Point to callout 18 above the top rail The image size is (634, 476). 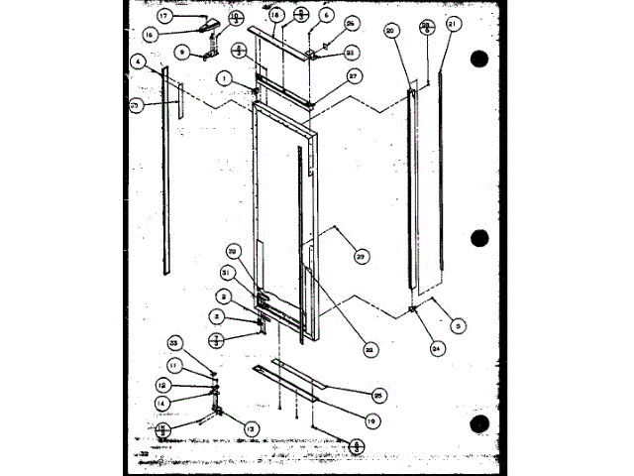pyautogui.click(x=274, y=16)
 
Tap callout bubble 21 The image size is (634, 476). pyautogui.click(x=453, y=22)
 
